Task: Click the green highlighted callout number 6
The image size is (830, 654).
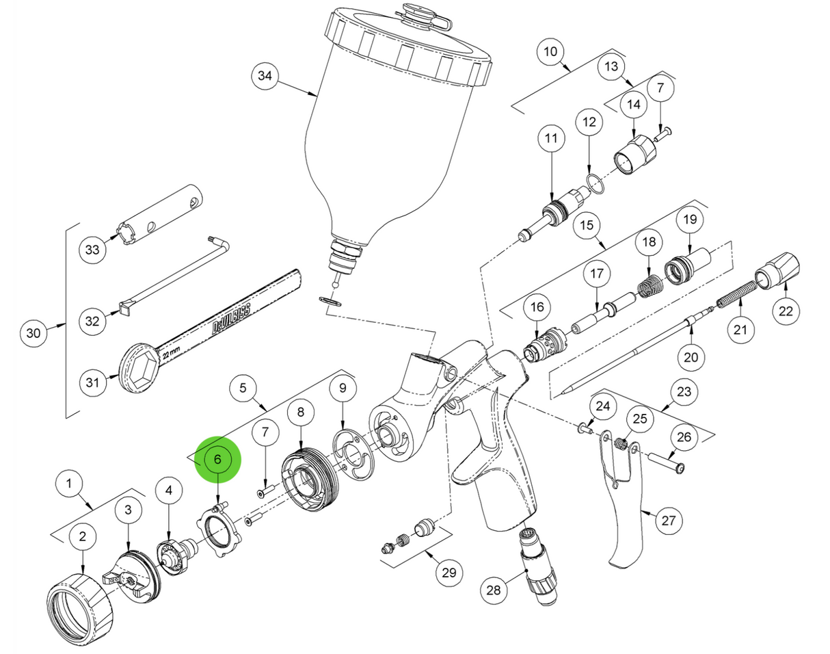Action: tap(218, 459)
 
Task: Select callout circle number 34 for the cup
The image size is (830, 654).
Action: tap(265, 77)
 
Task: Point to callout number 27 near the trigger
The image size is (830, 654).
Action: tap(669, 521)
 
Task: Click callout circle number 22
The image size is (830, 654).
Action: tap(786, 311)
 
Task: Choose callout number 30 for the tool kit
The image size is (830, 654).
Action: tap(34, 334)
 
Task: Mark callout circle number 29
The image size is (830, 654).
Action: tap(449, 572)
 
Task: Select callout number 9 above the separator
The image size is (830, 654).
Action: tap(343, 389)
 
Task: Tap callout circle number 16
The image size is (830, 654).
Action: tap(537, 309)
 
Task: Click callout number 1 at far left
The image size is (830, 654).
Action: tap(68, 484)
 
